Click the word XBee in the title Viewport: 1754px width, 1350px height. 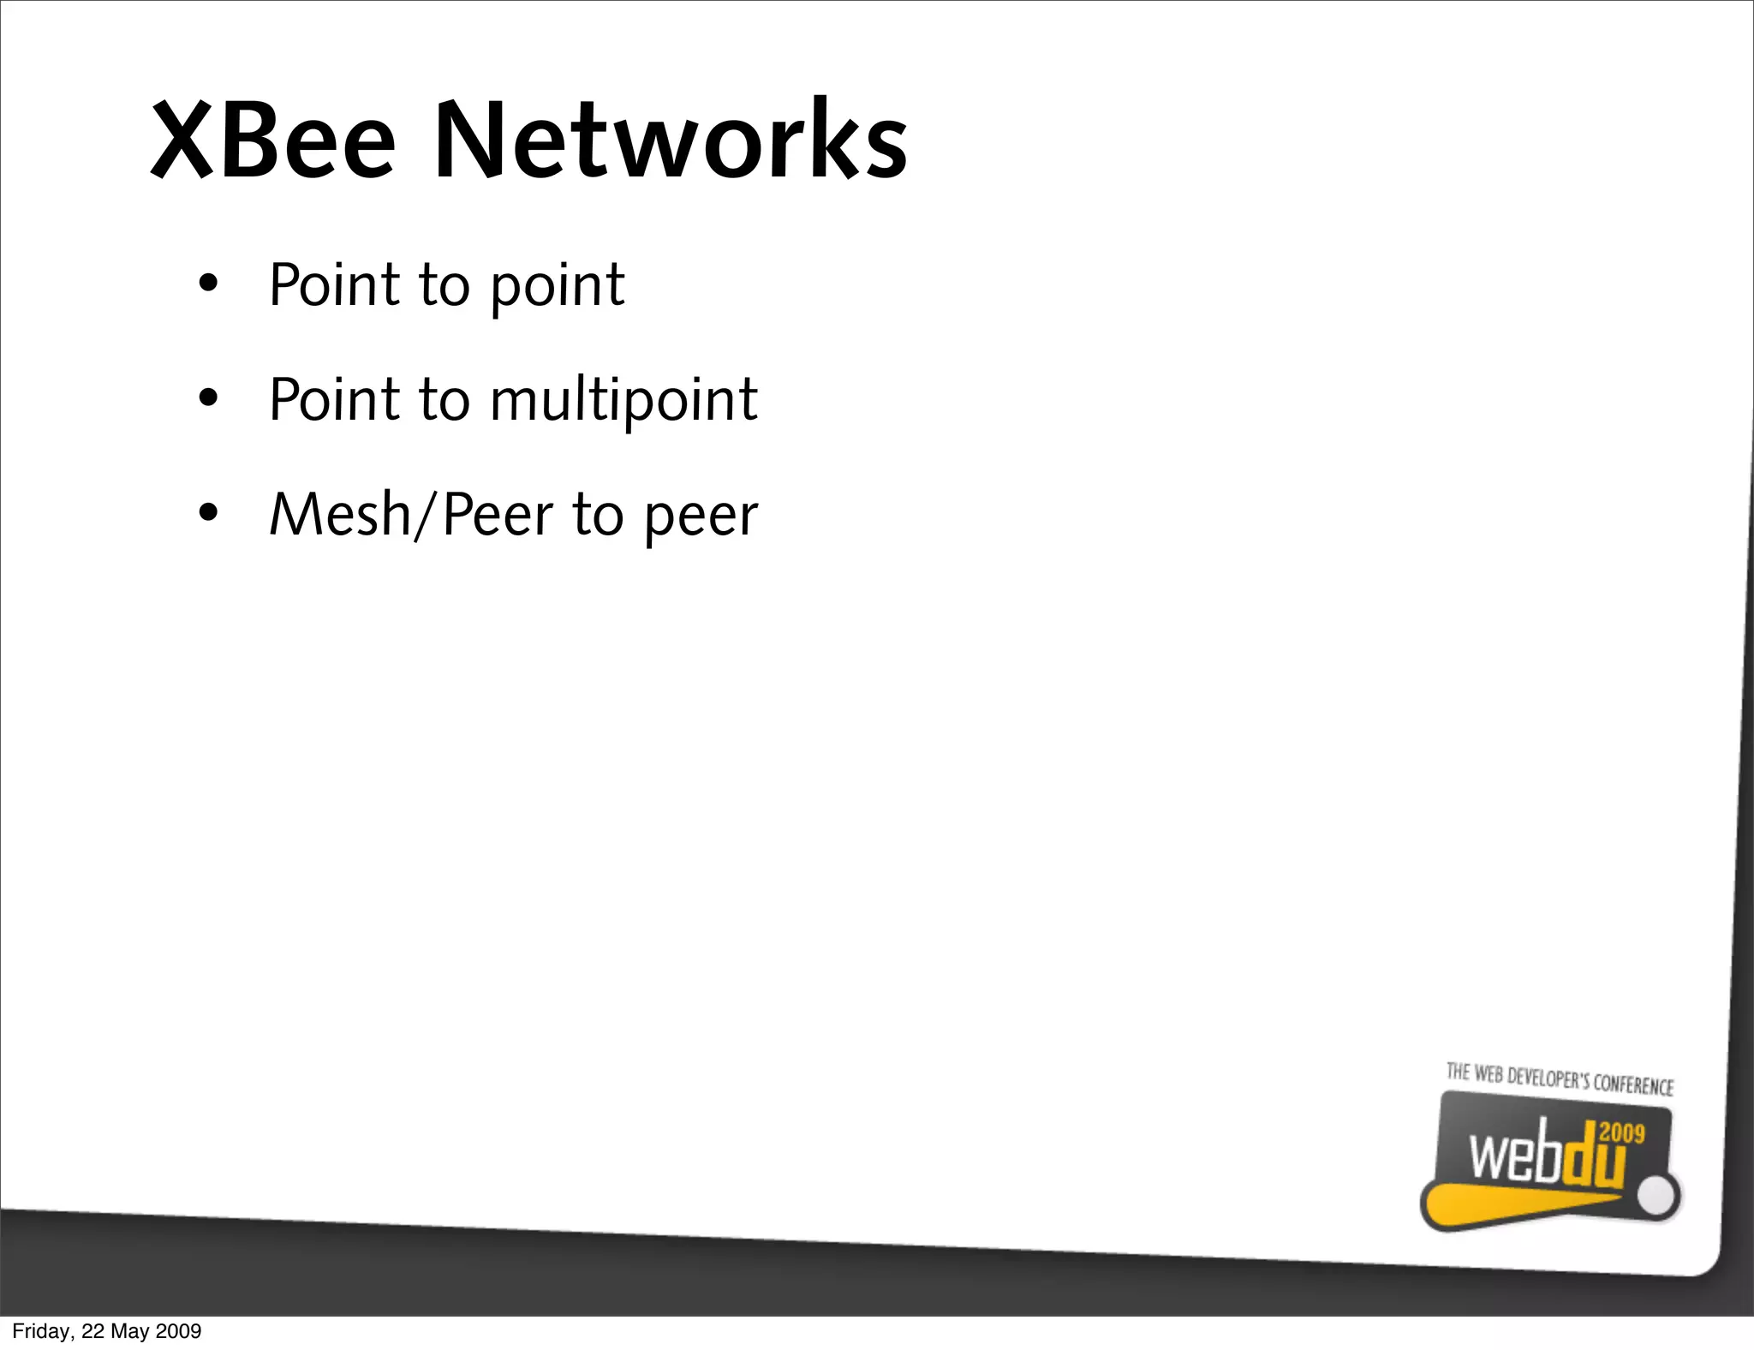tap(273, 141)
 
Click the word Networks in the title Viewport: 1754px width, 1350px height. tap(671, 141)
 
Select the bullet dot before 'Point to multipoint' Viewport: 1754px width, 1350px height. tap(208, 399)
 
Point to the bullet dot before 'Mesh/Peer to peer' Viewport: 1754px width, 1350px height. tap(208, 514)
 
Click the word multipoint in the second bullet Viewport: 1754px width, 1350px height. tap(623, 401)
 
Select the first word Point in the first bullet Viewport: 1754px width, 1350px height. tap(334, 284)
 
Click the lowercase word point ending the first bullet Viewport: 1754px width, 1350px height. tap(558, 286)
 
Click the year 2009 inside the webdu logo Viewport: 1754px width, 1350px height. tap(1621, 1133)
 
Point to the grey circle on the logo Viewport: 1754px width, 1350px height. tap(1659, 1197)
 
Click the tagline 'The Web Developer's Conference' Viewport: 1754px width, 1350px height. tap(1560, 1079)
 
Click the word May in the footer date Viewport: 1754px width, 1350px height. tap(130, 1331)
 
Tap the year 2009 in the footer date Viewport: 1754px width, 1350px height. tap(178, 1331)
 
